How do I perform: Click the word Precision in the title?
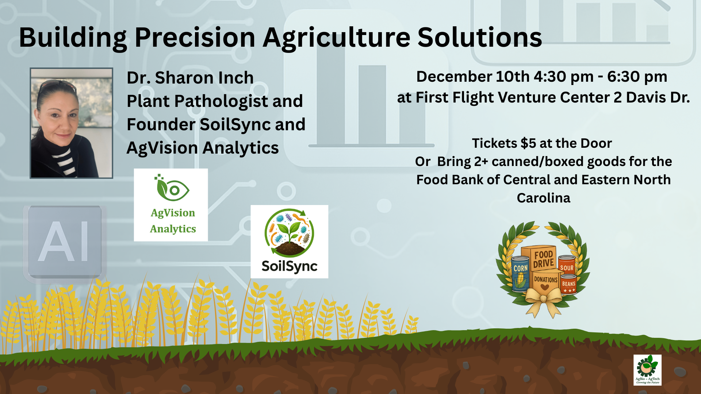point(195,38)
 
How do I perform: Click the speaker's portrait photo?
point(71,123)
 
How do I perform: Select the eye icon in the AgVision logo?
point(175,190)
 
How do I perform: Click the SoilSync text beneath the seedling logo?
point(289,266)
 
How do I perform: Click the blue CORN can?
point(520,274)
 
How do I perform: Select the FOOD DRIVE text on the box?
point(543,259)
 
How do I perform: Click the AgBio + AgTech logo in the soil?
point(647,370)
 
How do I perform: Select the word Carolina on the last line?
point(543,198)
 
